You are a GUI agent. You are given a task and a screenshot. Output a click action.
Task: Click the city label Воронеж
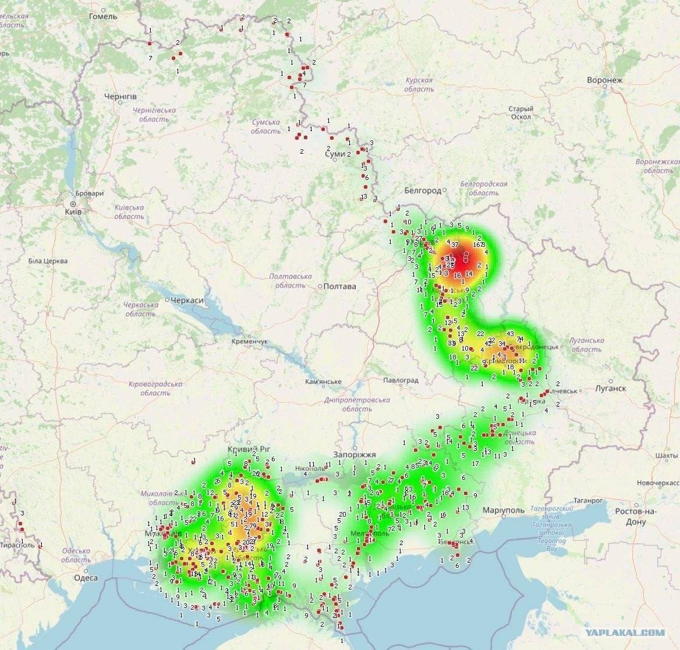(605, 80)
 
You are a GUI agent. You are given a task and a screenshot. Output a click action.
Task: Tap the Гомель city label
(103, 16)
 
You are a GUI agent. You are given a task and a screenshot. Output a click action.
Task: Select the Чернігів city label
(121, 96)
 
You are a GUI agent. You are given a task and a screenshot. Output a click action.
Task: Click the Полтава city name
(339, 286)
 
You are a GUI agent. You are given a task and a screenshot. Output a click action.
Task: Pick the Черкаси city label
(187, 300)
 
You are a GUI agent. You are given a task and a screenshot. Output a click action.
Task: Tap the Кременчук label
(249, 341)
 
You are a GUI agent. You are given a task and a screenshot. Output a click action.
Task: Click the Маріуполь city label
(504, 510)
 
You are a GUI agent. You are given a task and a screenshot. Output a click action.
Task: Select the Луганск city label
(611, 388)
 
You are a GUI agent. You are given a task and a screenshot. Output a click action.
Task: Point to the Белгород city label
(422, 190)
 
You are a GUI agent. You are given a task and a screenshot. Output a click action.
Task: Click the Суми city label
(335, 154)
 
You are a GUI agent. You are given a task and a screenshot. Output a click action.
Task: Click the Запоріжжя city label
(355, 454)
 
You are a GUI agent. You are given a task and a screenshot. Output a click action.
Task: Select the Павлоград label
(401, 380)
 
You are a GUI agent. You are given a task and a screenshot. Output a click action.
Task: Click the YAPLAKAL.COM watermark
(625, 633)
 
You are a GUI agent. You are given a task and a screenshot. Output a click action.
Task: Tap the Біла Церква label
(48, 261)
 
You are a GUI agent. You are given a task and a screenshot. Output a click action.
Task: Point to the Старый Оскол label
(520, 112)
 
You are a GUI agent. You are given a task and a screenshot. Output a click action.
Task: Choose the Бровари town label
(90, 193)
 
